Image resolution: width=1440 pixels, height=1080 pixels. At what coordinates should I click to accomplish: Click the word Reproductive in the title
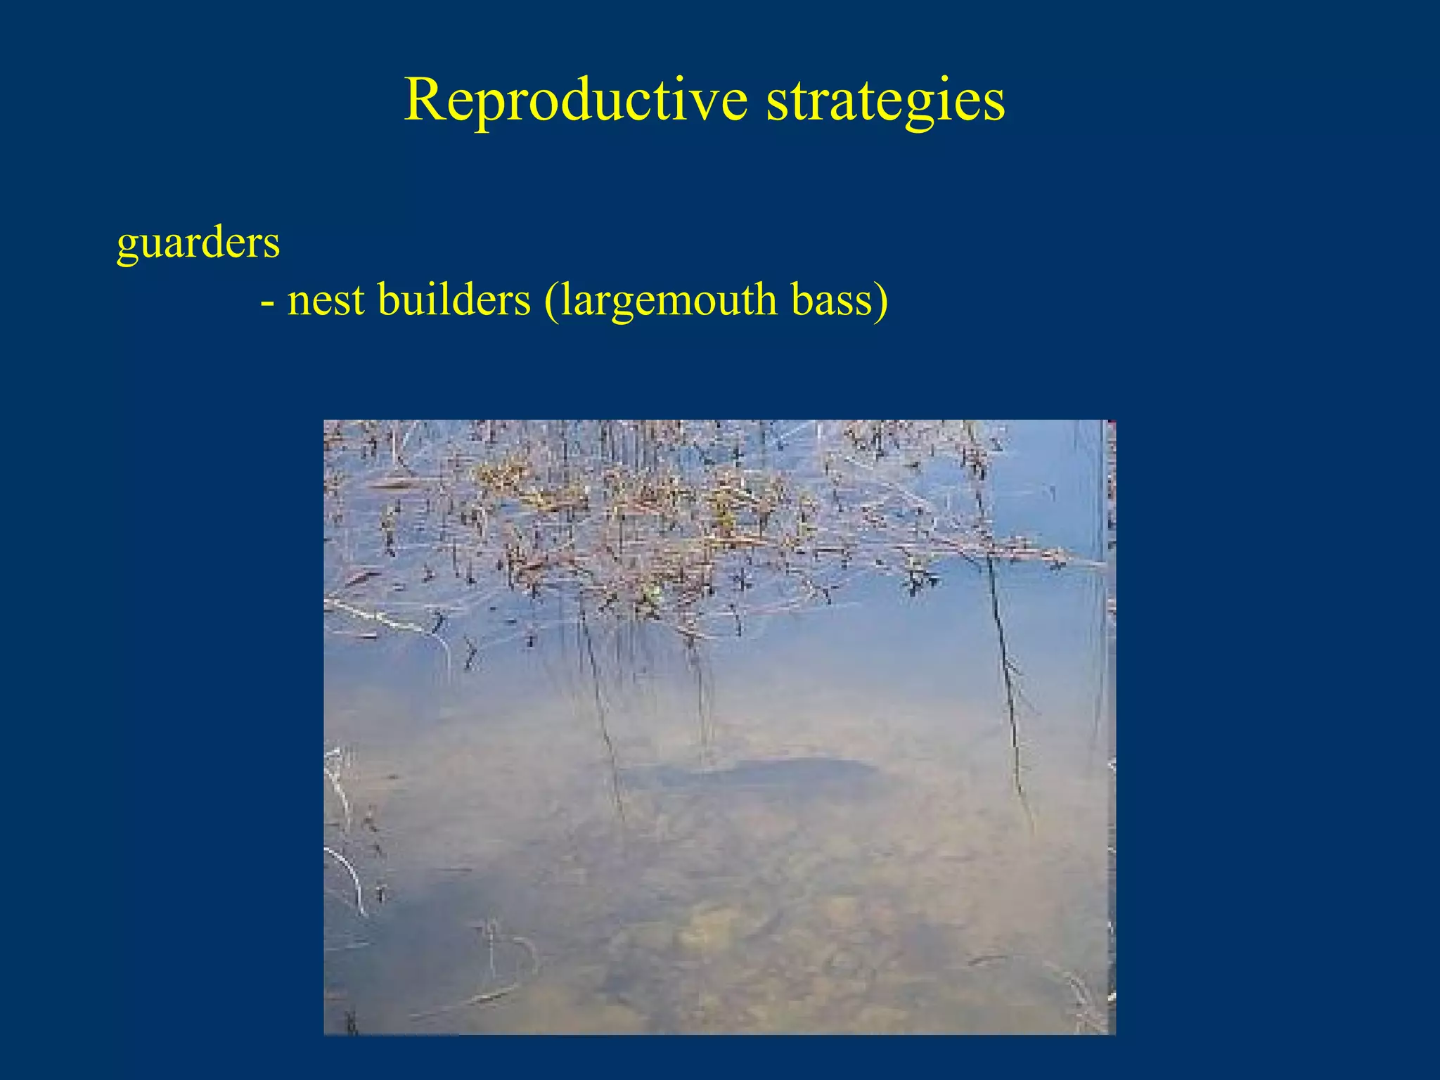(x=575, y=101)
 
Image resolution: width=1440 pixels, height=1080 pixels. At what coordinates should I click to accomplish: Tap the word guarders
(x=198, y=243)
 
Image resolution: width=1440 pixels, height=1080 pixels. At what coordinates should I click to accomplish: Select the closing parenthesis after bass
(x=882, y=301)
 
